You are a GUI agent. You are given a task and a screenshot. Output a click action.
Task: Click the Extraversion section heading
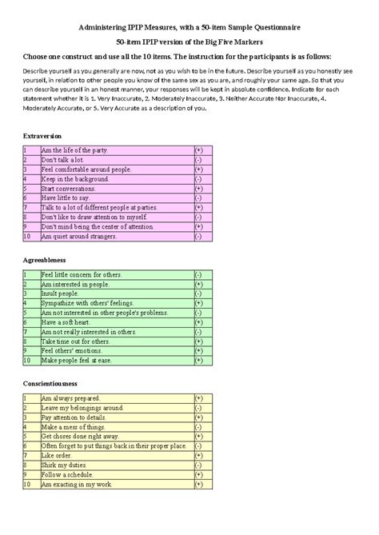42,137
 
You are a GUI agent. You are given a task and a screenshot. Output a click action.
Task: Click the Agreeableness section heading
45,260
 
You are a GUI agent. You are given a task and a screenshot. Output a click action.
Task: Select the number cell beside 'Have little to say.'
26,198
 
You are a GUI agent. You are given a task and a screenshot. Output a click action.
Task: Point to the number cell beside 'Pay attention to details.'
26,417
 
